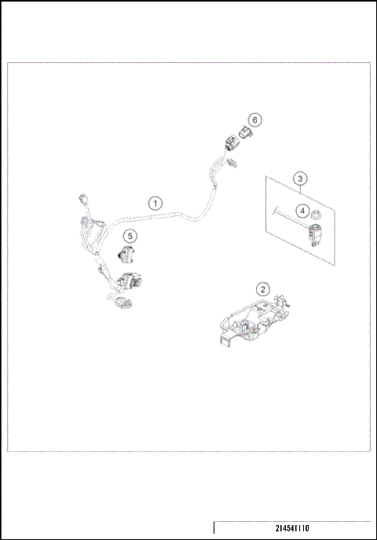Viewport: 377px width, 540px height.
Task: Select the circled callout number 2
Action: coord(265,289)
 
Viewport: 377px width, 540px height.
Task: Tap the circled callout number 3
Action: coord(301,178)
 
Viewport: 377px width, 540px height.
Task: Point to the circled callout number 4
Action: coord(301,210)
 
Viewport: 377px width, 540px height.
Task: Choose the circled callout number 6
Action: coord(254,119)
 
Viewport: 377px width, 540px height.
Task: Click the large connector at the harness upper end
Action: coord(227,144)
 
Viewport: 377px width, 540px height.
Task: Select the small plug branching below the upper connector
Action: coord(234,163)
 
